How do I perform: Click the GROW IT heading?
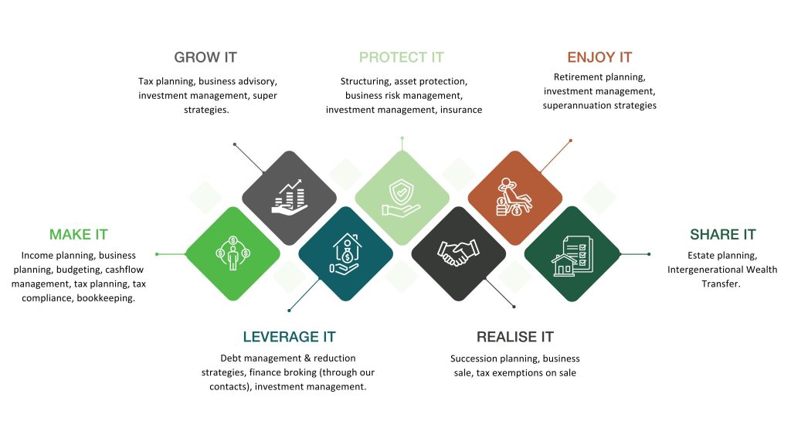point(205,57)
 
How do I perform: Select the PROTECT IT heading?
point(402,57)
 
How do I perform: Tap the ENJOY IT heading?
point(599,57)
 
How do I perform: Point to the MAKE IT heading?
point(79,235)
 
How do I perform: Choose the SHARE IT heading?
point(723,235)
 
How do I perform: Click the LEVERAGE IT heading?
point(289,337)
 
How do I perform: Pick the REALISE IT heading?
point(515,337)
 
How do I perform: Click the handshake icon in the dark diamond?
point(458,253)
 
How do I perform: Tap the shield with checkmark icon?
point(402,197)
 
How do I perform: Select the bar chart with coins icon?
point(289,197)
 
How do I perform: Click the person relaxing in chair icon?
point(514,197)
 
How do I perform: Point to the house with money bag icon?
point(346,253)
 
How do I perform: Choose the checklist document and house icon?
point(572,256)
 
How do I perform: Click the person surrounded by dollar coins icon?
point(233,253)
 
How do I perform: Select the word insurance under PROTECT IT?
point(461,110)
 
